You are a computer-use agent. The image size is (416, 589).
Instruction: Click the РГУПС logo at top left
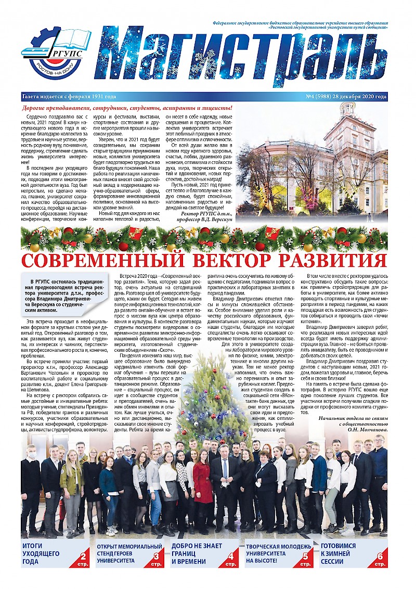coord(55,52)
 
